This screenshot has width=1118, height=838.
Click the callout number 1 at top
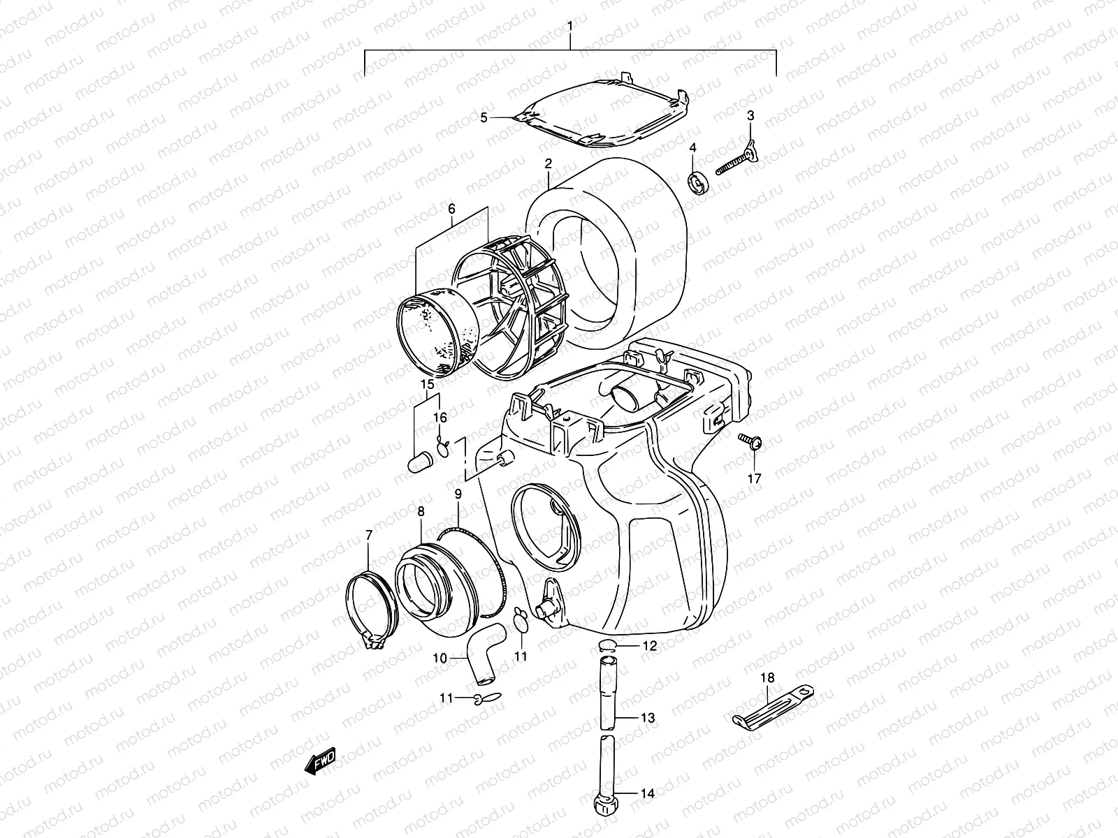(570, 26)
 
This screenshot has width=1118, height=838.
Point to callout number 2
(549, 163)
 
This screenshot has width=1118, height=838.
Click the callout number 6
(451, 209)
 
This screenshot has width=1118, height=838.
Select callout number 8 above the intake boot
(421, 512)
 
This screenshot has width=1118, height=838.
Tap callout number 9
(458, 494)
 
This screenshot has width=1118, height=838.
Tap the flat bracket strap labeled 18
(772, 707)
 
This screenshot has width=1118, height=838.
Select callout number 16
(439, 418)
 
